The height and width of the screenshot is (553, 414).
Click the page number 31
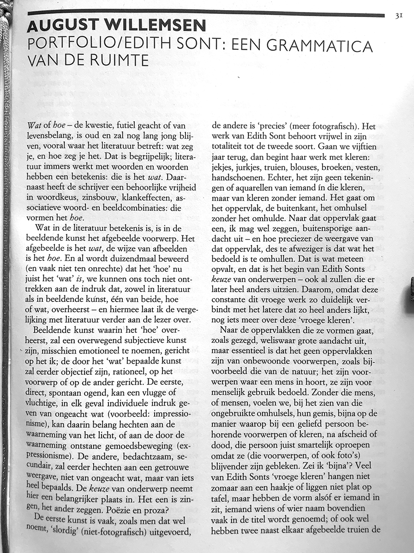coord(399,16)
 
